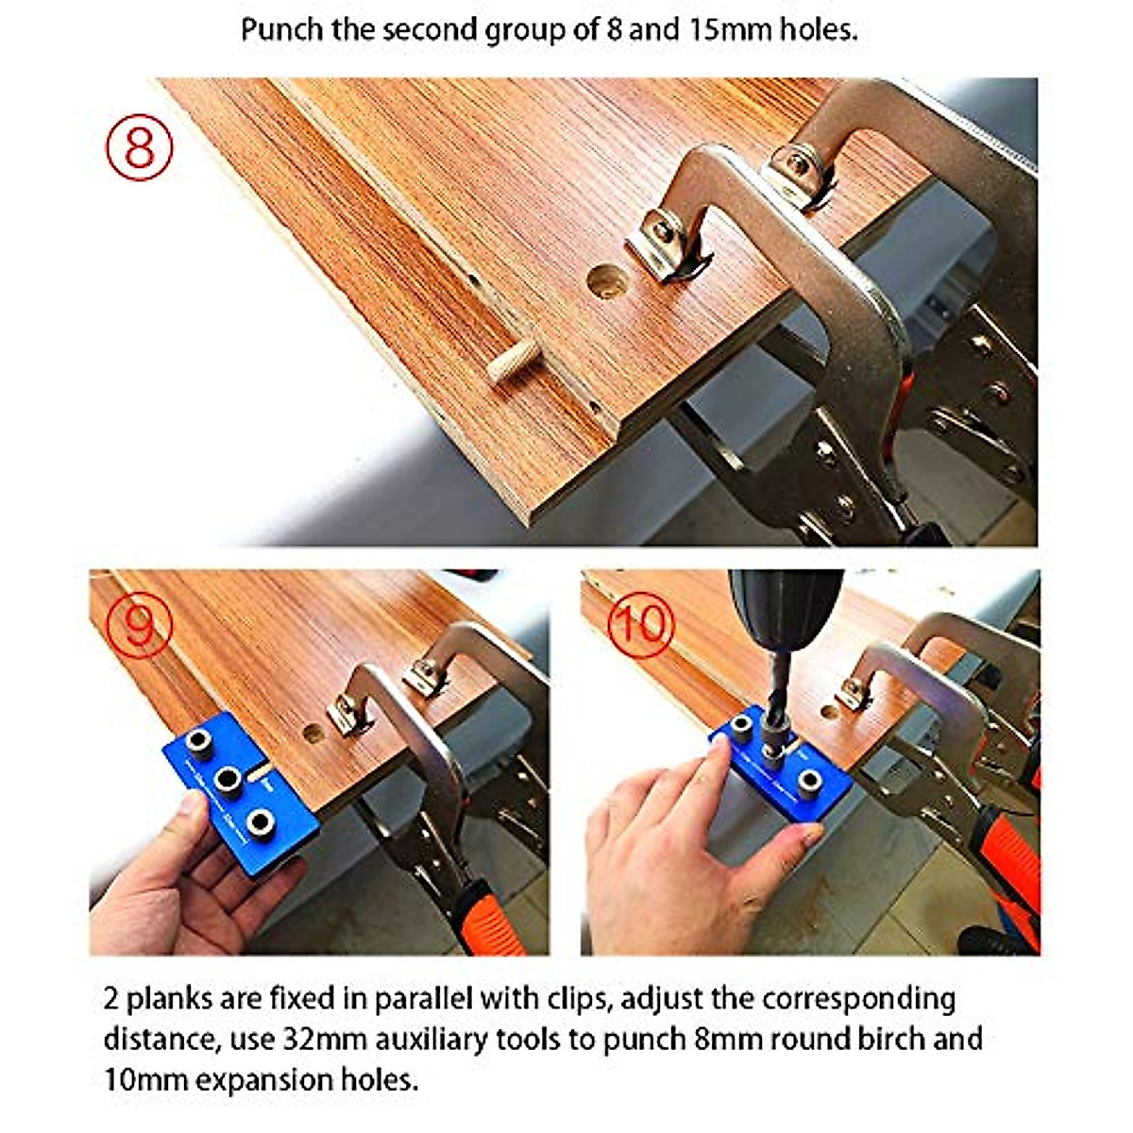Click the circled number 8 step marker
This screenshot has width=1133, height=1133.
point(140,146)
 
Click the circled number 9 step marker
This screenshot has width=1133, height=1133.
point(139,624)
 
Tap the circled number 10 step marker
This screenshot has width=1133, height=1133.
point(641,624)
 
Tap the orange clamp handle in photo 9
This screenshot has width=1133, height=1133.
point(490,917)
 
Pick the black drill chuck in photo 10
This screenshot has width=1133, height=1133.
point(786,604)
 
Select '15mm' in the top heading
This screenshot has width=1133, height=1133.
point(727,30)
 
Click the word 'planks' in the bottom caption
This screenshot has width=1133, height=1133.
point(169,999)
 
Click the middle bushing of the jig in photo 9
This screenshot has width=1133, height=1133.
point(229,780)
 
